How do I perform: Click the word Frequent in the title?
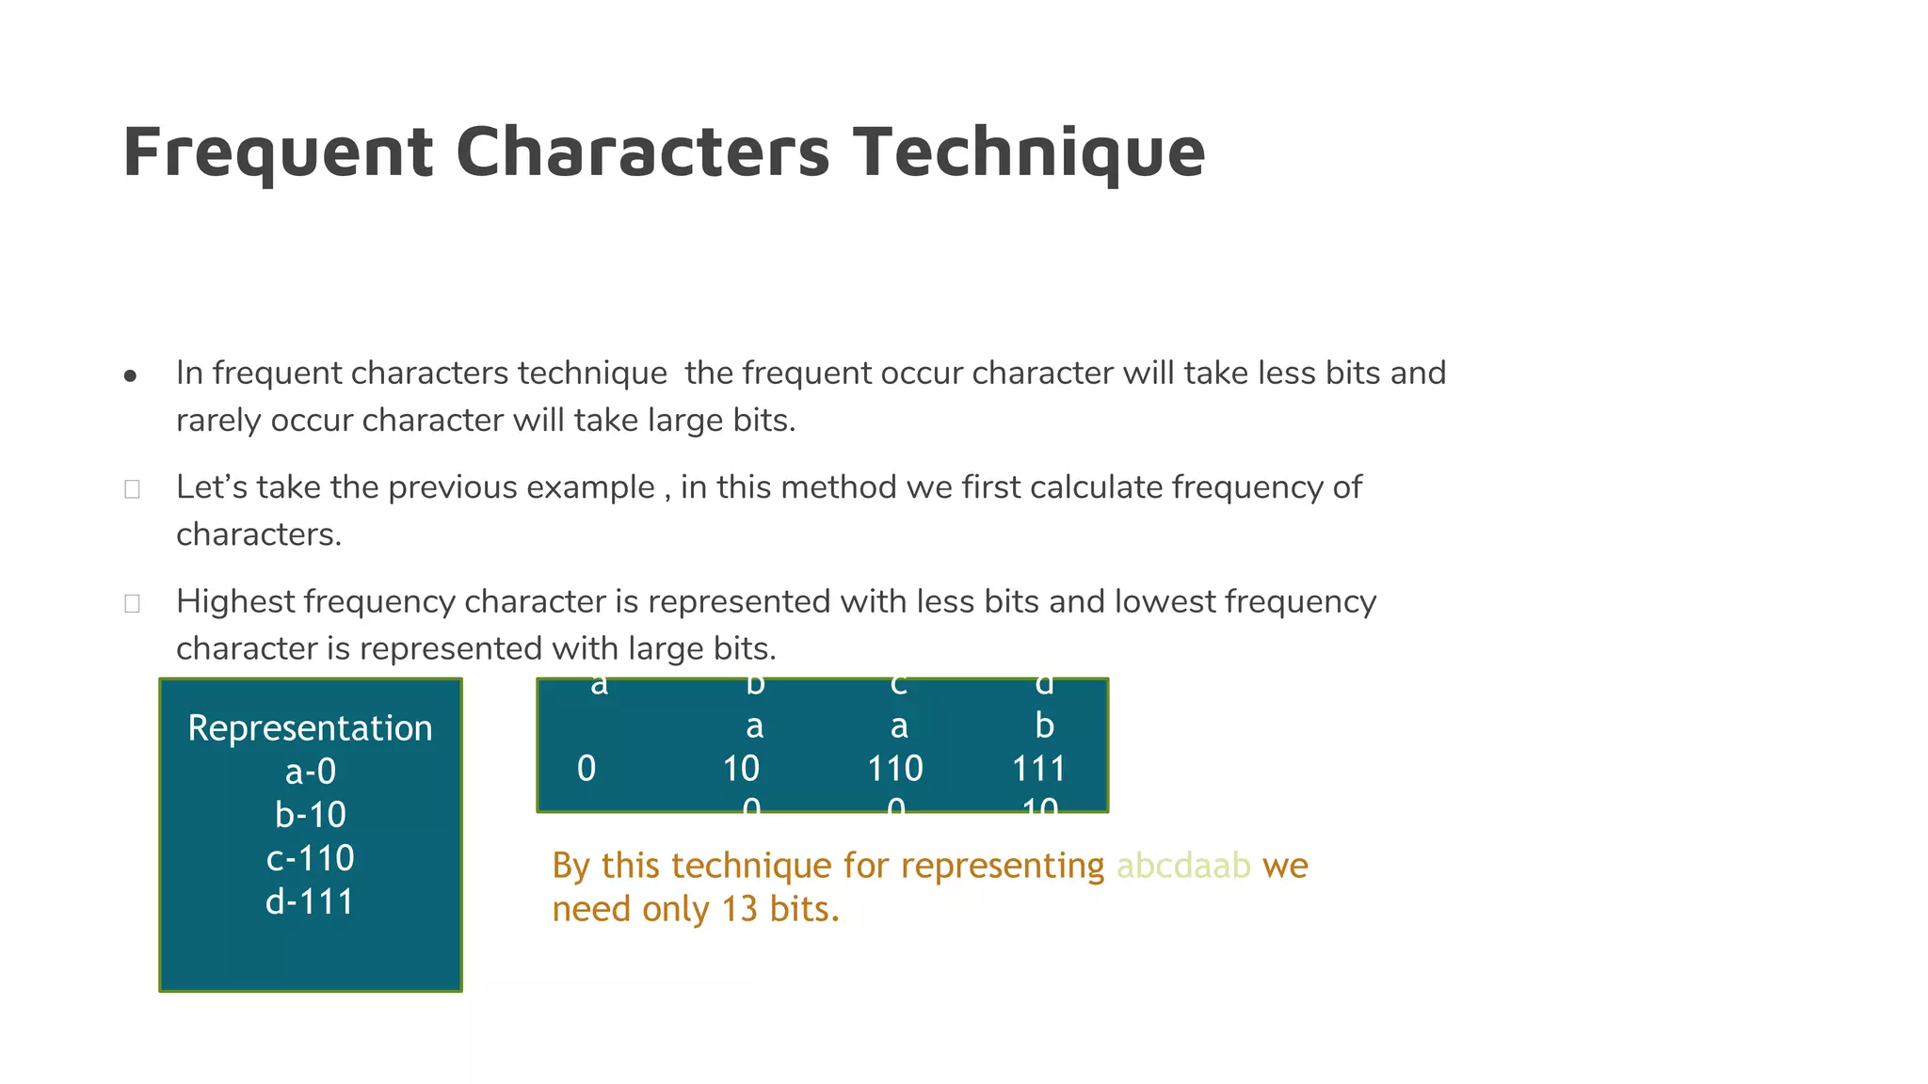pos(279,151)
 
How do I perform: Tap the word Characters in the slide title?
pos(643,151)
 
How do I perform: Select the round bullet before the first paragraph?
pos(131,376)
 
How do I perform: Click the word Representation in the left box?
pos(310,728)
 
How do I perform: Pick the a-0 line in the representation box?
pos(310,772)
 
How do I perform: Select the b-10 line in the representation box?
pos(310,815)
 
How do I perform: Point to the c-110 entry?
pos(310,858)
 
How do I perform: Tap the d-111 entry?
pos(310,901)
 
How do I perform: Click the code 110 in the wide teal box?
pos(894,769)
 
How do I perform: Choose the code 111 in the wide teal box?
pos(1038,769)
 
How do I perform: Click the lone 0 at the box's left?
pos(586,769)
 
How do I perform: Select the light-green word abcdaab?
pos(1183,866)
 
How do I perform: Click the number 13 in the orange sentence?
pos(740,909)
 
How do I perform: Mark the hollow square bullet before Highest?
pos(132,603)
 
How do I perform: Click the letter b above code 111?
pos(1044,725)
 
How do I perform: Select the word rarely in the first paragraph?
pos(218,421)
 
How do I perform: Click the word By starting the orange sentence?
pos(571,866)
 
